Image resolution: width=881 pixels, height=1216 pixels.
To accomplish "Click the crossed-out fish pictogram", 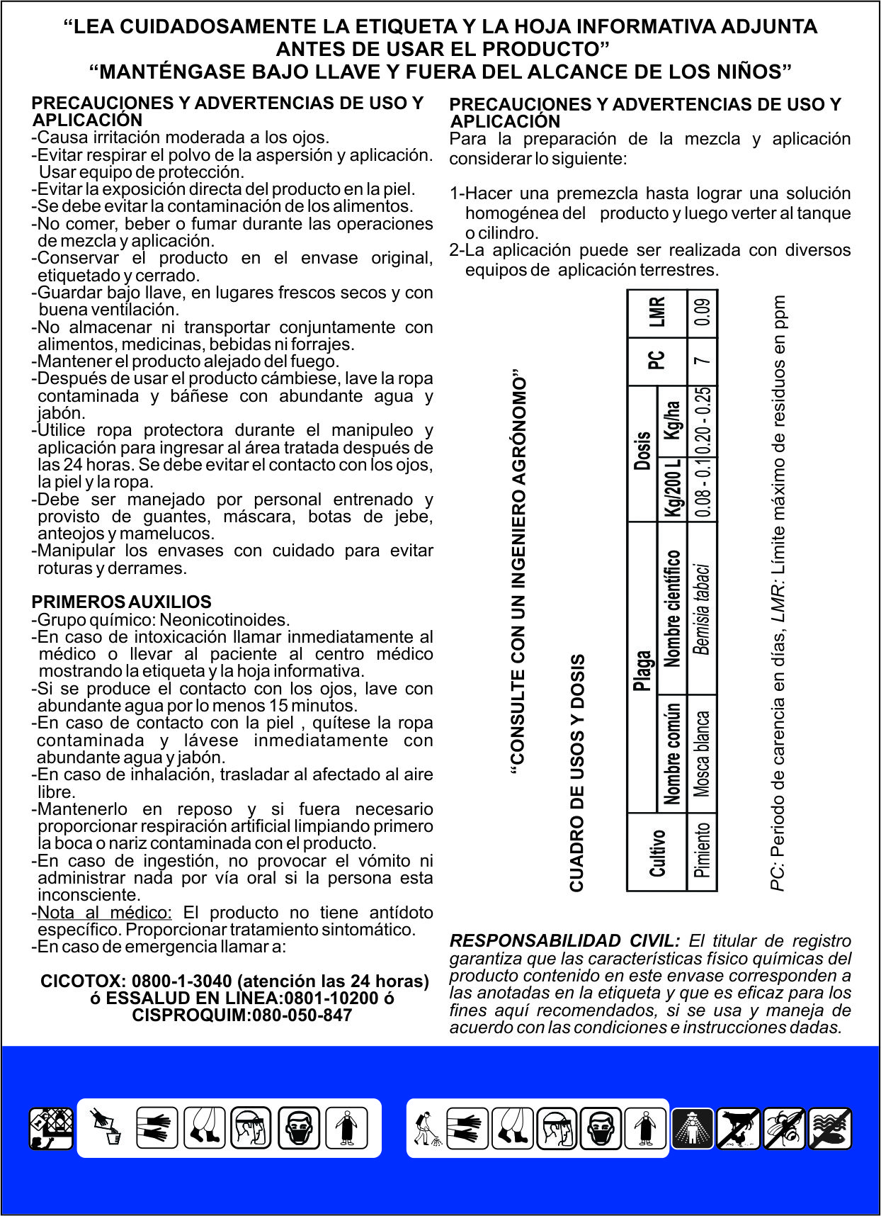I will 830,1128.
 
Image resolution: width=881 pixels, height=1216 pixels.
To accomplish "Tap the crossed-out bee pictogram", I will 785,1128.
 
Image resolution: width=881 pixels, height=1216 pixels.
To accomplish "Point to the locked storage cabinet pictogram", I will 51,1128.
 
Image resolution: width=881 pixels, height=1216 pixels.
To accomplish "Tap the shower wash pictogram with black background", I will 692,1128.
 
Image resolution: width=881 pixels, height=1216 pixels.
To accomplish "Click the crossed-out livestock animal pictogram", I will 738,1128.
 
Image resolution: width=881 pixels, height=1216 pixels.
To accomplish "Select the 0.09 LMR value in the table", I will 703,312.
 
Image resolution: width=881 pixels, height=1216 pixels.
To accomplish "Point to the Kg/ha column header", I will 673,420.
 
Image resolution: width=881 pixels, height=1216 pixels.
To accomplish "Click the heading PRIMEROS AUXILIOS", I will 121,602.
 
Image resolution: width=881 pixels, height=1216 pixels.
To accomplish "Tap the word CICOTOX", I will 83,981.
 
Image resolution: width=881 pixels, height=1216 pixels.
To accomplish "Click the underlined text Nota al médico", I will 104,913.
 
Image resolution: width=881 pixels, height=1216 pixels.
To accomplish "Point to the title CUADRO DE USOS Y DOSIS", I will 577,772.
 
